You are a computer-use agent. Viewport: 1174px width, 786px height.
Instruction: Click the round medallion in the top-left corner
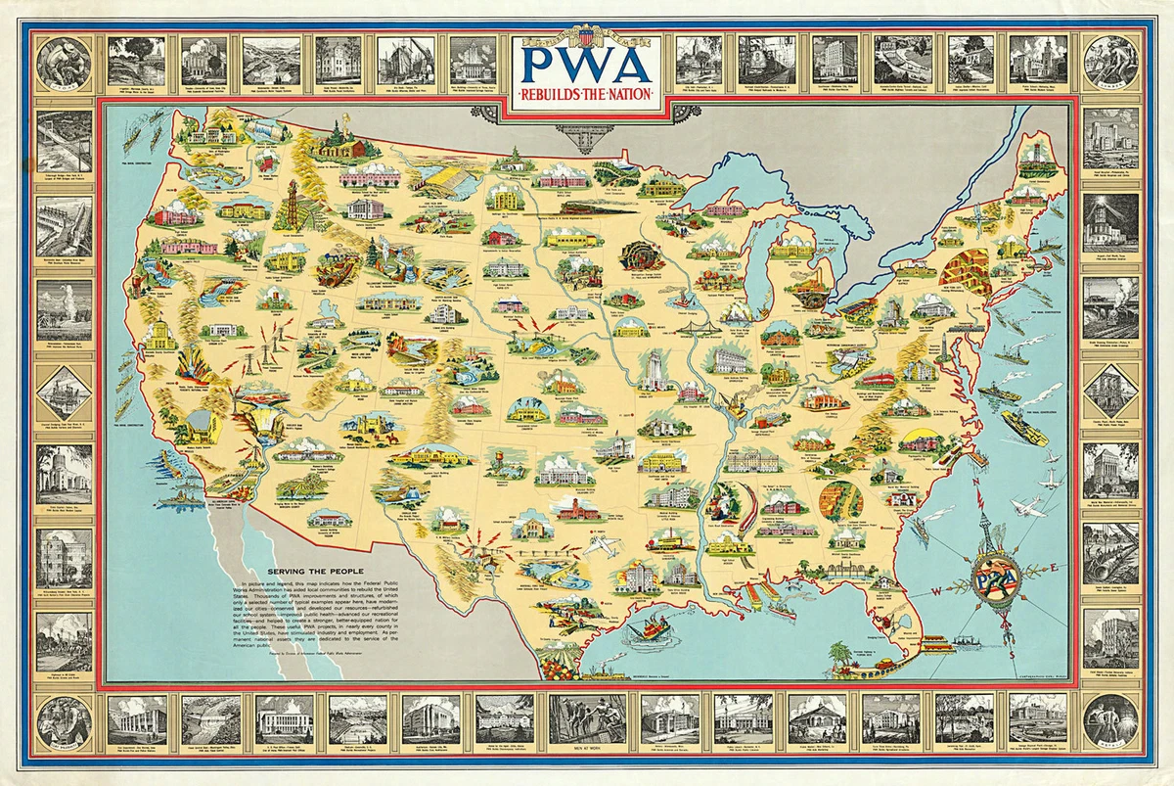(x=64, y=62)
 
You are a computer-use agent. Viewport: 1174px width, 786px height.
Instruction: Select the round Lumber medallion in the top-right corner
(x=1110, y=62)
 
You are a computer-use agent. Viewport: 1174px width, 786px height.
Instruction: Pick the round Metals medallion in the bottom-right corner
(x=1110, y=720)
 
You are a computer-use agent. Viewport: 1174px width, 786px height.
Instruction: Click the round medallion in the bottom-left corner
(x=64, y=720)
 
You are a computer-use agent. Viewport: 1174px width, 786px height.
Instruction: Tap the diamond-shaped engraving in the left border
(x=64, y=392)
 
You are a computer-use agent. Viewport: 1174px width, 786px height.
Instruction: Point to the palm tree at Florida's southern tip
(x=838, y=654)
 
